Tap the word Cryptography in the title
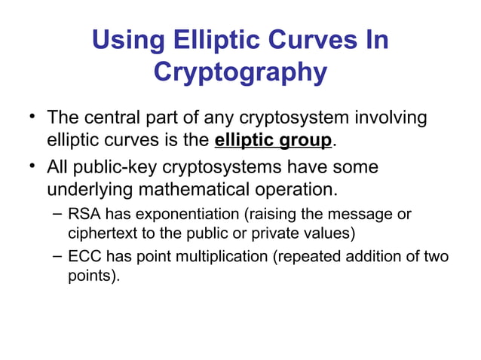(x=240, y=72)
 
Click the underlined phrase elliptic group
(x=273, y=140)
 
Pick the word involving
(x=391, y=118)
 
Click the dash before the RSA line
(x=57, y=214)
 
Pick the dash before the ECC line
(x=57, y=257)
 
